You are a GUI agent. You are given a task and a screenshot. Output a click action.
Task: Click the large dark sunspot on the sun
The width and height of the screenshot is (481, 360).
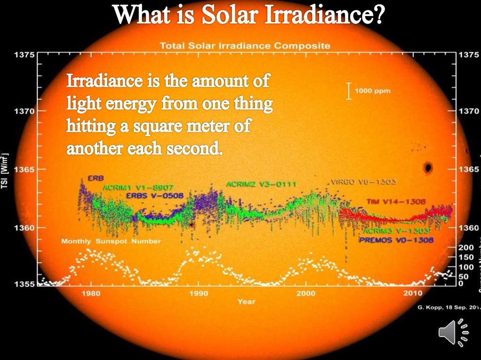coord(427,168)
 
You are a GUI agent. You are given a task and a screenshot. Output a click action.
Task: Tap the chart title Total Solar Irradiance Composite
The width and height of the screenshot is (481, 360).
coord(245,46)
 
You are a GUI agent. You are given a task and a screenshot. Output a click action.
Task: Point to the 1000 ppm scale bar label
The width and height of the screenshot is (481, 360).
coord(372,91)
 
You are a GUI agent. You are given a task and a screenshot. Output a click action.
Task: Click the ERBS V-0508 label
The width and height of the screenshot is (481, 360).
coord(155,196)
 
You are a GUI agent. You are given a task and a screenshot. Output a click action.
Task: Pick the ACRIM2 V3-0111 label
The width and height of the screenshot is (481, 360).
coord(261,184)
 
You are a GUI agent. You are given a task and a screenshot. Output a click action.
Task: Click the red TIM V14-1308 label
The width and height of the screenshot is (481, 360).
coord(396,201)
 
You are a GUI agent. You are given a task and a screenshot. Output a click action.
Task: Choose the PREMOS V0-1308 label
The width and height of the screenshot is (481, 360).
coord(396,240)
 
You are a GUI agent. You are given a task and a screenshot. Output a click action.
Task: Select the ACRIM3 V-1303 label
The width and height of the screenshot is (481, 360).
coord(396,231)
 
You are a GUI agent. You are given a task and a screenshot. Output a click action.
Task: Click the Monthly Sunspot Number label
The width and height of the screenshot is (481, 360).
coord(111,241)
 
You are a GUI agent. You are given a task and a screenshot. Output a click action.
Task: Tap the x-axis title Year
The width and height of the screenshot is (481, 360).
coord(246,302)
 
